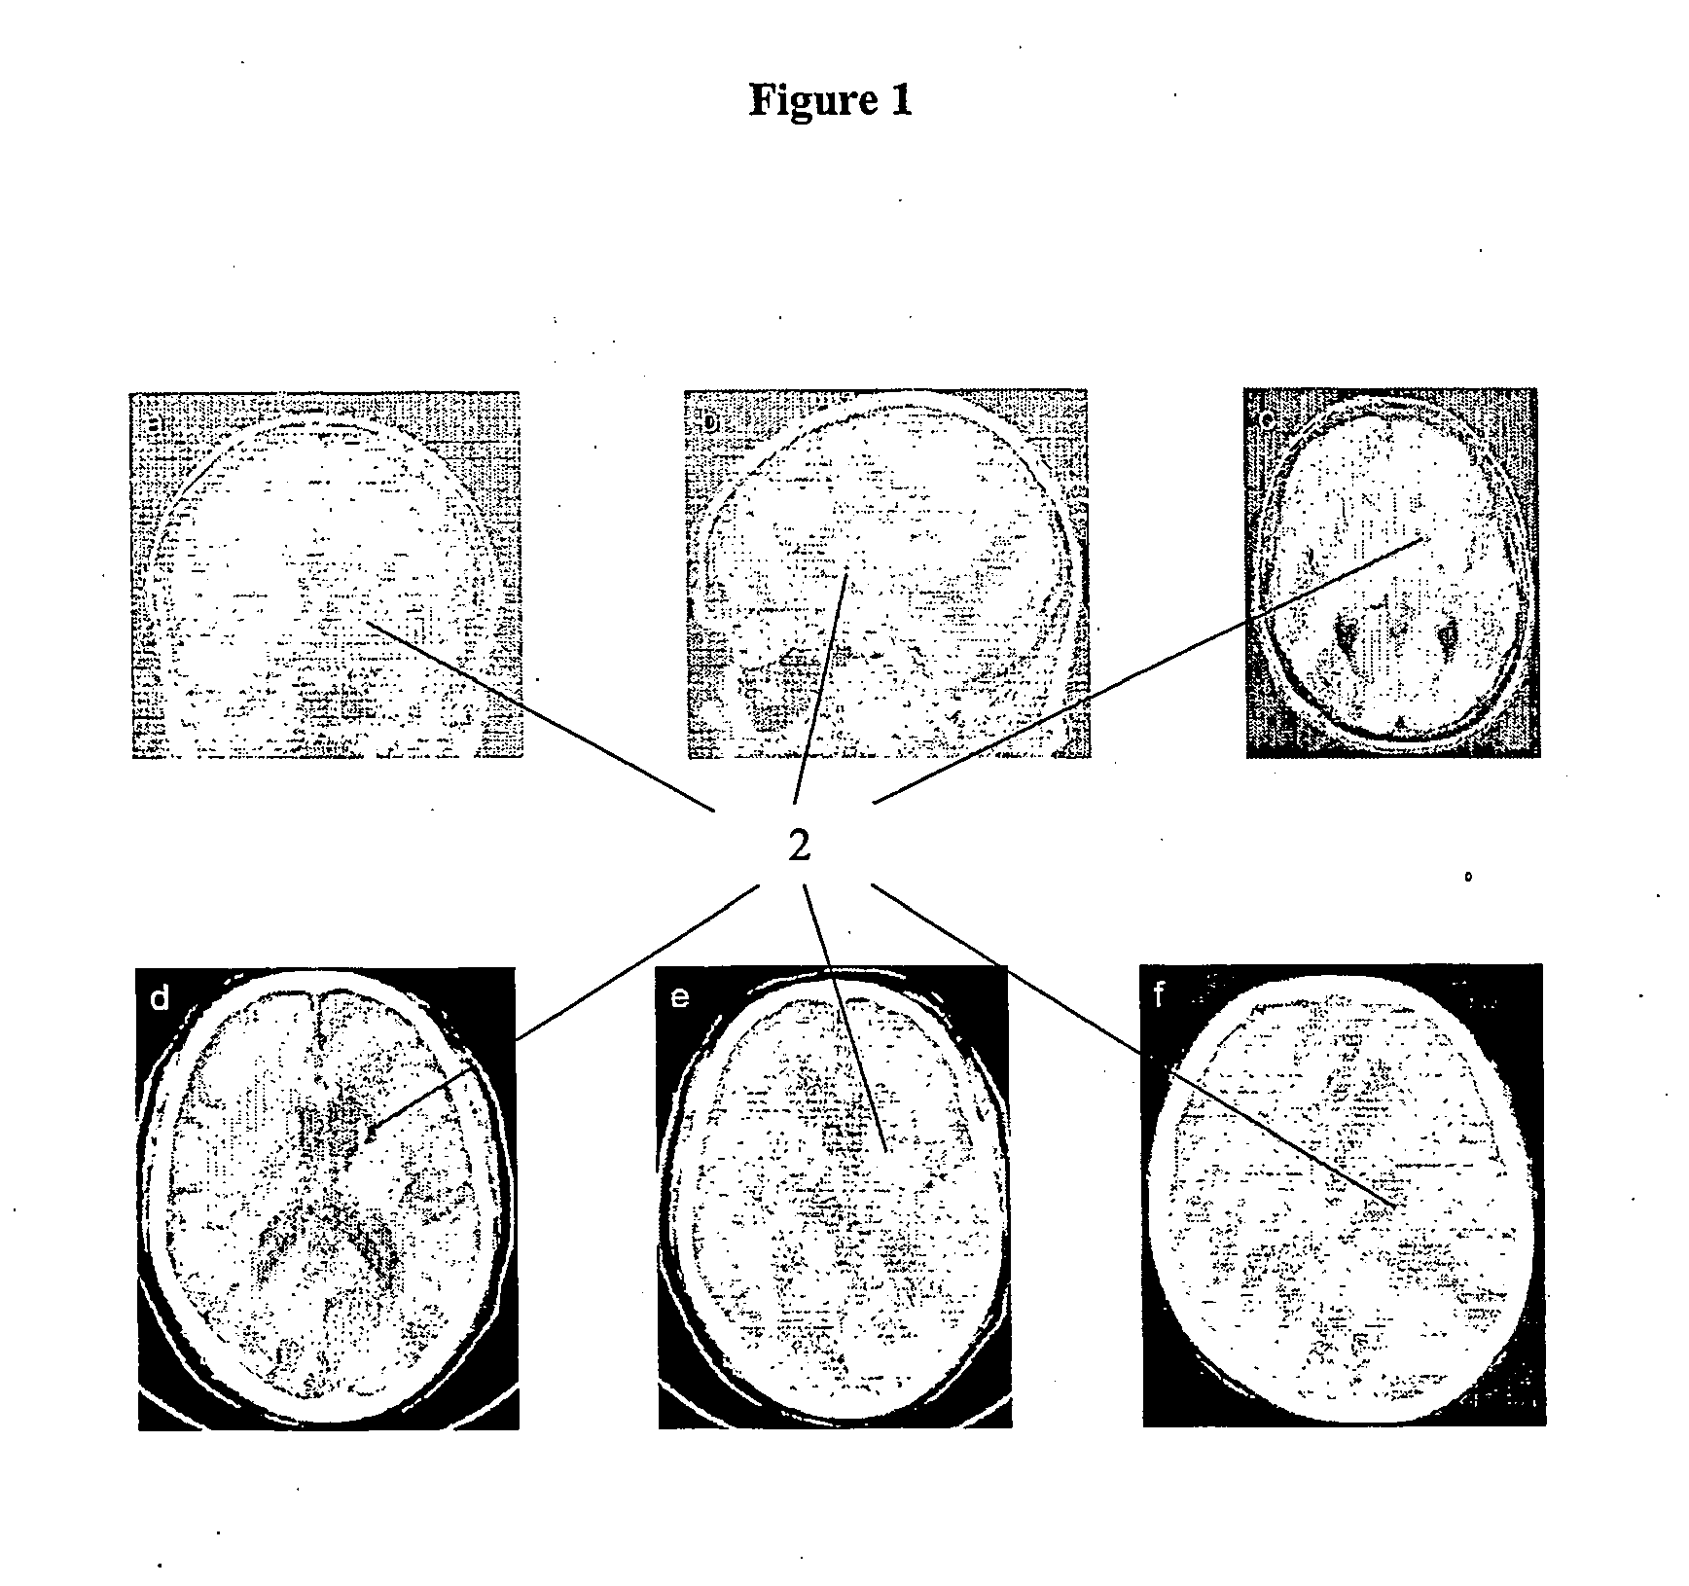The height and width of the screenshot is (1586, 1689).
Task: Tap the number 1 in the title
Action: [x=901, y=100]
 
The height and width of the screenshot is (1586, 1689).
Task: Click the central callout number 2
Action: [x=799, y=847]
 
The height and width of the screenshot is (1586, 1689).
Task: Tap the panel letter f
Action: [x=1158, y=996]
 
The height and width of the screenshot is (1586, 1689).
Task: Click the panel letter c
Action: [x=1267, y=420]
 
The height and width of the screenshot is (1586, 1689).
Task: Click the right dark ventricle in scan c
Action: [x=1448, y=635]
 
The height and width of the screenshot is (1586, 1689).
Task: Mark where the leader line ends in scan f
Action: [x=1393, y=1208]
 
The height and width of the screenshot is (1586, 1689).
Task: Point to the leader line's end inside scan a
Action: [x=368, y=622]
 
